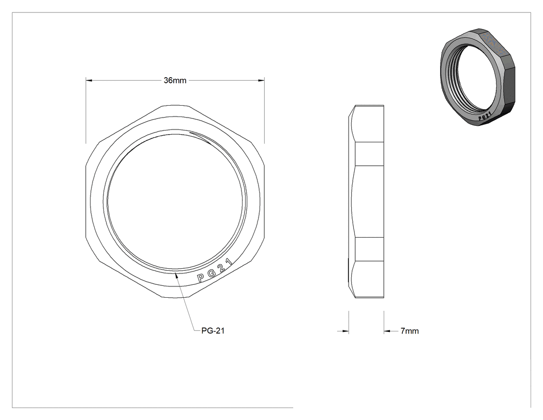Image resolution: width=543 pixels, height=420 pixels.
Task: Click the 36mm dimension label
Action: click(x=175, y=80)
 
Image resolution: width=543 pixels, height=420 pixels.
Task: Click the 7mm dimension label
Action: click(x=410, y=331)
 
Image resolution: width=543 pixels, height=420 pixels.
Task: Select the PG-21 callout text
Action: click(x=213, y=330)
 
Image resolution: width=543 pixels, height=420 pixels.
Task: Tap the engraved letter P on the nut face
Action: click(x=201, y=278)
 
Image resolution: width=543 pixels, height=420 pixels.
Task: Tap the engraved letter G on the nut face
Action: click(x=211, y=273)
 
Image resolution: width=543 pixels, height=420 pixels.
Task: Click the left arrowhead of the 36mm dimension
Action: click(x=89, y=80)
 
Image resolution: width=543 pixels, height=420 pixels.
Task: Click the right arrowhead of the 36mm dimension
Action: click(x=261, y=80)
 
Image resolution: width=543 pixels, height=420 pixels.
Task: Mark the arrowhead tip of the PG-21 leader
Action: click(x=176, y=273)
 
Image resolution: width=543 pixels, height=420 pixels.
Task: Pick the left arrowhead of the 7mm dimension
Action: click(x=345, y=331)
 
